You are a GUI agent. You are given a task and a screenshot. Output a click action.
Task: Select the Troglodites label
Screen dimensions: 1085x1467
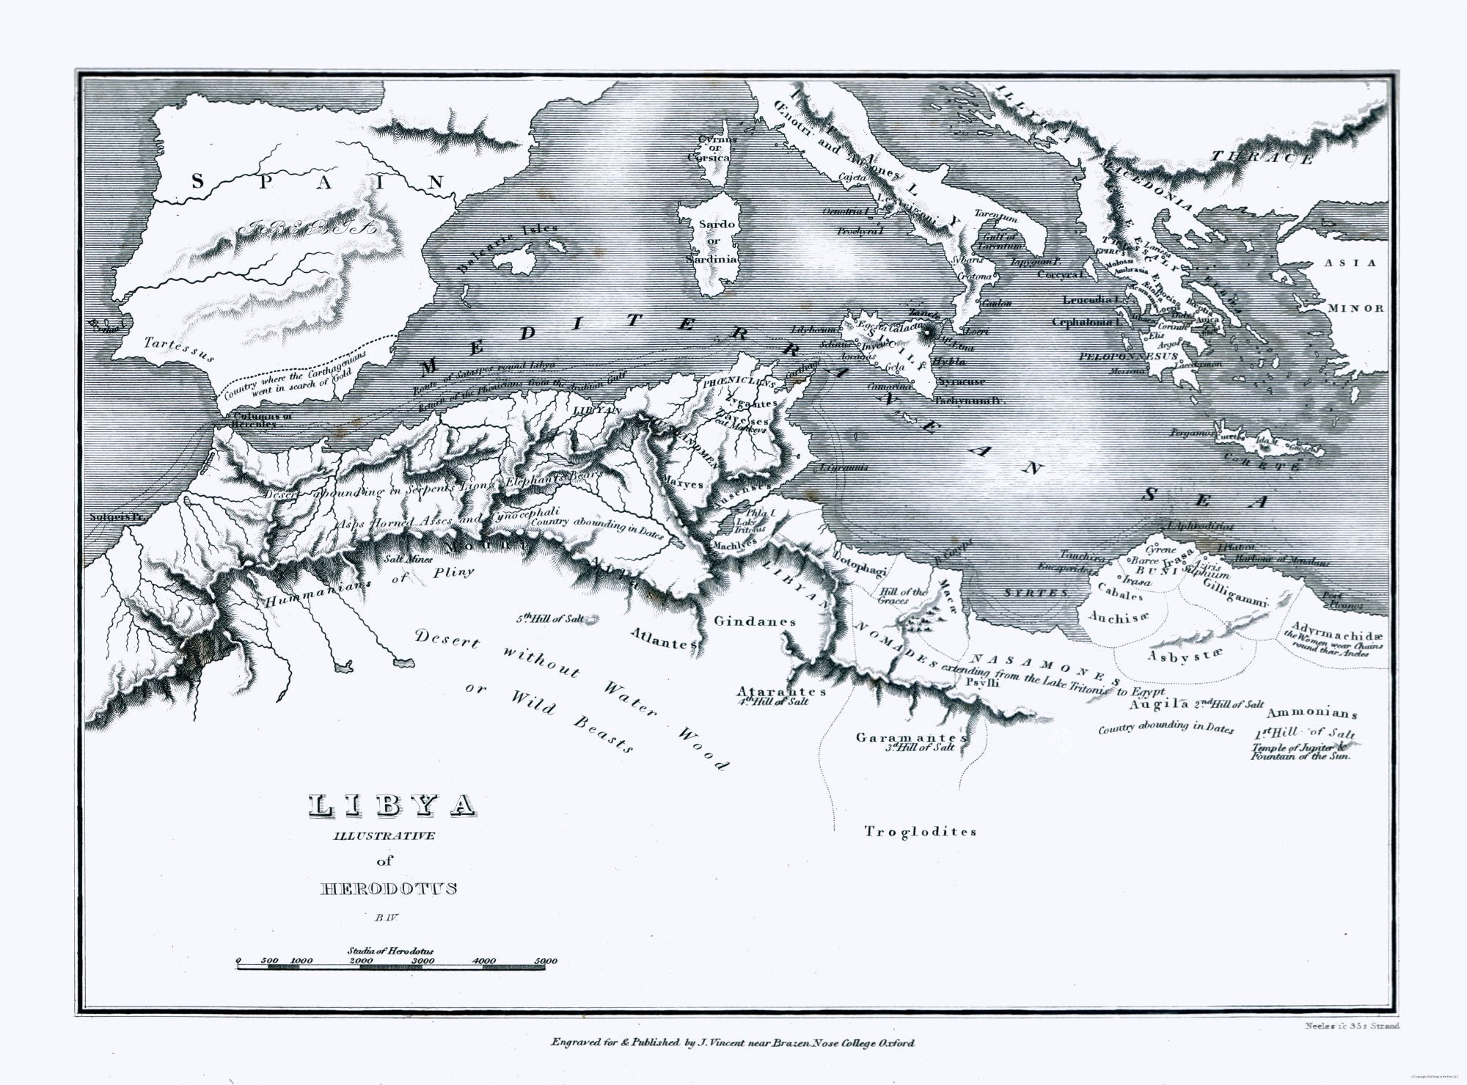click(921, 831)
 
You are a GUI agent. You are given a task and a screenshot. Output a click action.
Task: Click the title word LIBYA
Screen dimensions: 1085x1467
click(391, 805)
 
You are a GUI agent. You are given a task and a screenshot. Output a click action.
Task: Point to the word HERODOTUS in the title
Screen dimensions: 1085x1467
click(389, 888)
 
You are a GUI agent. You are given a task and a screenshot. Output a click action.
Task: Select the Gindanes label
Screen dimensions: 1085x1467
click(755, 621)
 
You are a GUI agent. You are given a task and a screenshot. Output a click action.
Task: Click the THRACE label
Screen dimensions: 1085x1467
click(1261, 157)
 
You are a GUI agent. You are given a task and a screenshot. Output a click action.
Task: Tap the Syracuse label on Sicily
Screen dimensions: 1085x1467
click(962, 381)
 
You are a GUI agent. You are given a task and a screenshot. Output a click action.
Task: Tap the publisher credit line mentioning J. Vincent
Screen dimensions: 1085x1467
click(732, 1042)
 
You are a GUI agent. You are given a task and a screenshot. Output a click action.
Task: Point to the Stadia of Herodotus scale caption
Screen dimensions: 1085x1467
click(390, 951)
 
